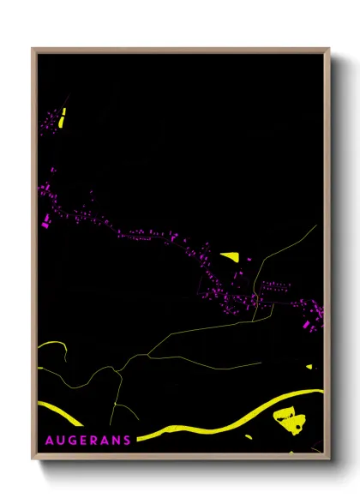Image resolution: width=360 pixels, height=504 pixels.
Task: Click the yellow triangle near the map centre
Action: click(231, 255)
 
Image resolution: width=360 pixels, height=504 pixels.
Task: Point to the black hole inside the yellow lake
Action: click(295, 423)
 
